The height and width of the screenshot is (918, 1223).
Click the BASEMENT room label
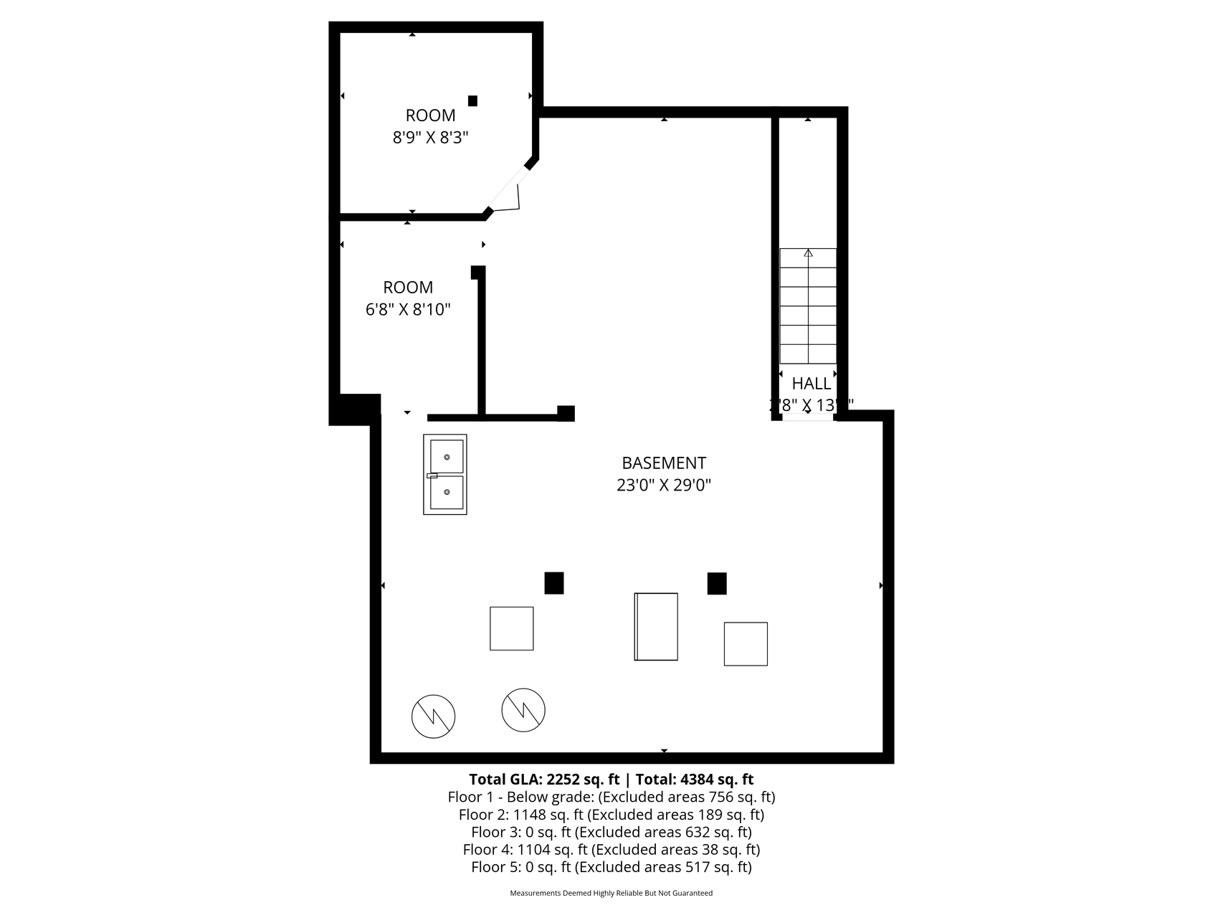click(664, 463)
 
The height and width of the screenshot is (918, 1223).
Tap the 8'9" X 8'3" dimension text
click(430, 138)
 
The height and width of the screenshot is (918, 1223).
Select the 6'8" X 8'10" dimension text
click(408, 310)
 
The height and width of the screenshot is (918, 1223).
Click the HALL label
click(811, 384)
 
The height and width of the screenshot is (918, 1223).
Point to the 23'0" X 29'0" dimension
click(664, 486)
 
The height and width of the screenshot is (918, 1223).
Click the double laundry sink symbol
click(445, 474)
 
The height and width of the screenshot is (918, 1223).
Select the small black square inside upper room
click(472, 101)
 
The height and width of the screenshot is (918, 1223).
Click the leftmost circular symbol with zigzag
click(433, 716)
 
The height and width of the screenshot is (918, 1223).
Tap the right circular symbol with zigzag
click(523, 710)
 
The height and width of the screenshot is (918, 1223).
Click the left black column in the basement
click(553, 583)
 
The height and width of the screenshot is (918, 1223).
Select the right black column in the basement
click(716, 584)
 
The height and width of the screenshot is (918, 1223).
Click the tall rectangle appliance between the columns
click(656, 626)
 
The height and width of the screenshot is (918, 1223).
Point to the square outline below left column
click(511, 628)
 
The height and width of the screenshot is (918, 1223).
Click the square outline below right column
click(746, 643)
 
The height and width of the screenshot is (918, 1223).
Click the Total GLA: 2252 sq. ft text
click(543, 780)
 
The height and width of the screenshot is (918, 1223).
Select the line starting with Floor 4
click(611, 850)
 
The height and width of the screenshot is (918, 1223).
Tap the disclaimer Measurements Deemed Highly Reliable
click(611, 894)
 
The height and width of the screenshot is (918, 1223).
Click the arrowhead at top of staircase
click(808, 253)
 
